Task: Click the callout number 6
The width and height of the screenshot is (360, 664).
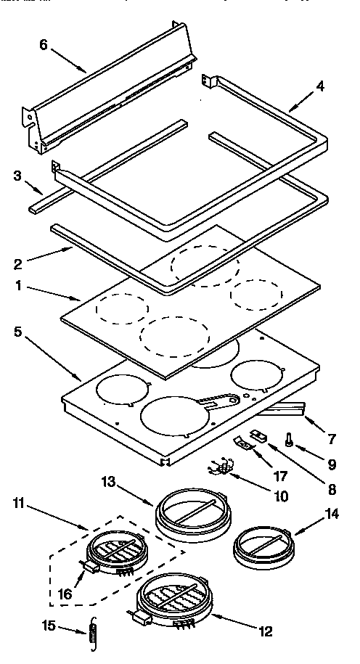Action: click(x=44, y=44)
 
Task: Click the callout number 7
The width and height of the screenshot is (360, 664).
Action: click(x=332, y=439)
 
